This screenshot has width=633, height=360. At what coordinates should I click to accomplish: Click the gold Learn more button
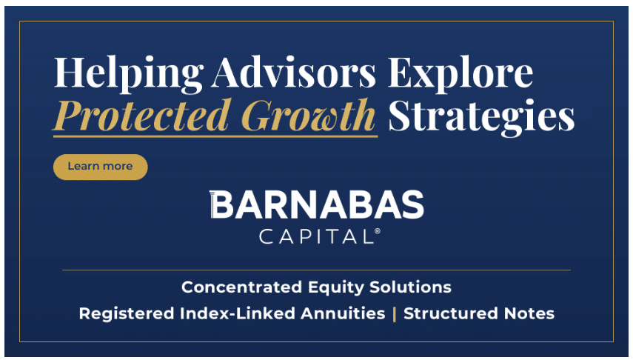[101, 167]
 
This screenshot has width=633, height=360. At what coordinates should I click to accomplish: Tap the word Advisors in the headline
[293, 73]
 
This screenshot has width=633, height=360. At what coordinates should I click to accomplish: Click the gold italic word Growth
[310, 115]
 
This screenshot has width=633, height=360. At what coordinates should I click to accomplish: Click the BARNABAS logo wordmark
[317, 204]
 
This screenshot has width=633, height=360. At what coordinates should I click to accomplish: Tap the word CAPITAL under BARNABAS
[317, 236]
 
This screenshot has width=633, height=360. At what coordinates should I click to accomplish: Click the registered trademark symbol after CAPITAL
[378, 231]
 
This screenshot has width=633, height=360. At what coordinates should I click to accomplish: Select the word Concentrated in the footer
[242, 287]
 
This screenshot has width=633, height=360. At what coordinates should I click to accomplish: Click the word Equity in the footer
[336, 288]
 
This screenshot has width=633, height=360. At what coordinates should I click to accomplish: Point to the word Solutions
[410, 287]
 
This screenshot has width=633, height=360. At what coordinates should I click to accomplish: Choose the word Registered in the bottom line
[127, 314]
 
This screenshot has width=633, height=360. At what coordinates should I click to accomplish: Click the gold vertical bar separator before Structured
[395, 314]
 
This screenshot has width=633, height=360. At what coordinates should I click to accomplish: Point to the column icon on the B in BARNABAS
[212, 204]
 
